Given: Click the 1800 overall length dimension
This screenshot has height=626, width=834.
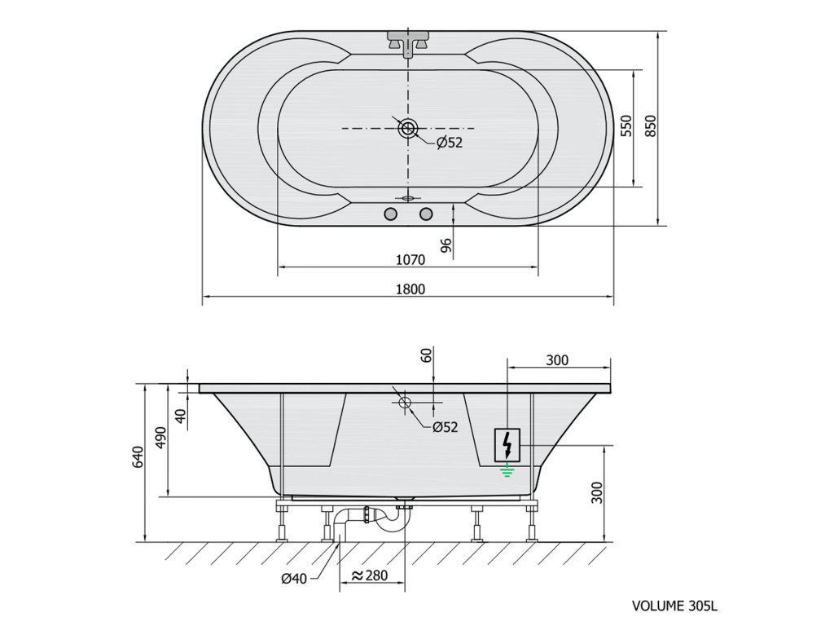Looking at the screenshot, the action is [x=410, y=289].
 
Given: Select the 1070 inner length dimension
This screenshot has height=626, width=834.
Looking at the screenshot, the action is [x=410, y=260].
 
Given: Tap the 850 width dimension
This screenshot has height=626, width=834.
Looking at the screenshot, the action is [x=651, y=126].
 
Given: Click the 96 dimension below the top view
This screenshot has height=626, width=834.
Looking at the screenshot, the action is [x=446, y=245].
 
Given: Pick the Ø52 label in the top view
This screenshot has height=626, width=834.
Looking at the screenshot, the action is [x=450, y=143].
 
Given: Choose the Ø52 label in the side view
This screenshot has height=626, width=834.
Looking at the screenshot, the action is [x=445, y=427].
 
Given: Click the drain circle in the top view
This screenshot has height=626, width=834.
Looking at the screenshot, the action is [x=409, y=128].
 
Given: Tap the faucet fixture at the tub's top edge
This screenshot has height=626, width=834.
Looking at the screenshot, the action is [x=408, y=42].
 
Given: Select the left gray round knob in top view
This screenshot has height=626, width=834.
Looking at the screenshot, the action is [x=390, y=214].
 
